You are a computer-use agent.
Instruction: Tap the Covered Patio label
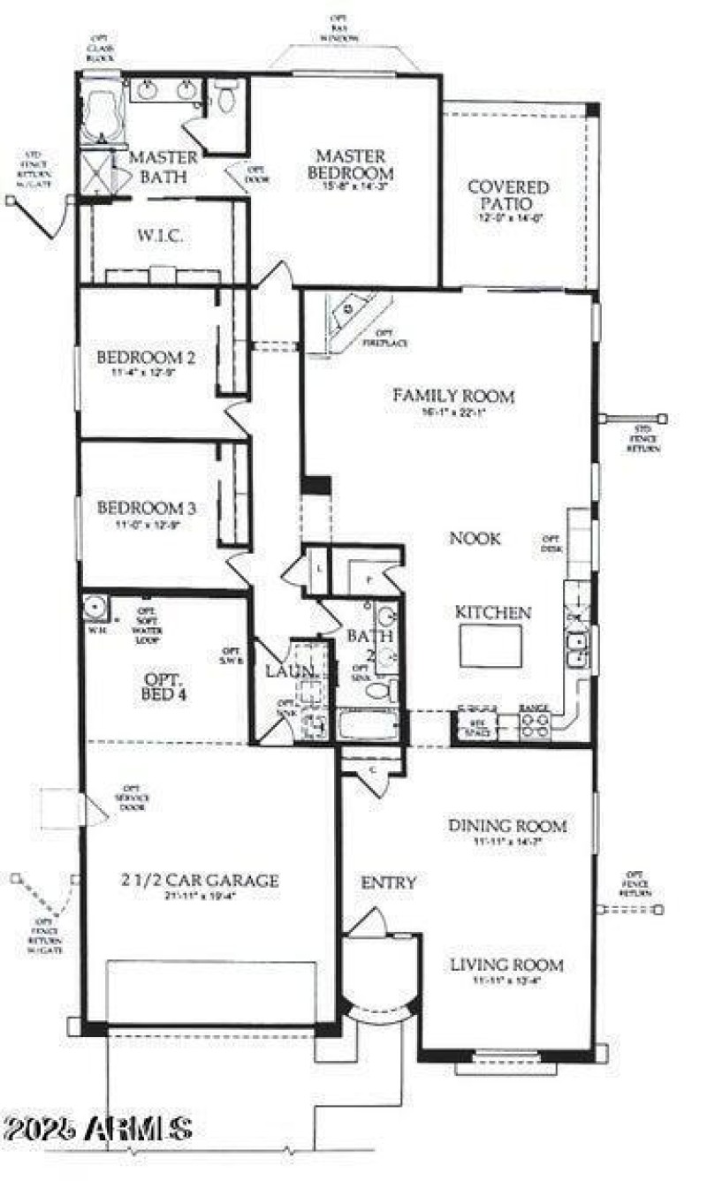click(x=508, y=195)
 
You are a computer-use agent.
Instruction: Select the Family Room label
click(x=453, y=396)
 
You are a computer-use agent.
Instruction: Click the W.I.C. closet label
click(x=160, y=236)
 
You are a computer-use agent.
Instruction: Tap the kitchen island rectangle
click(x=490, y=646)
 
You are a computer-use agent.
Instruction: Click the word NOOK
click(x=475, y=538)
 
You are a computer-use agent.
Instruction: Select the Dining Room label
click(x=507, y=826)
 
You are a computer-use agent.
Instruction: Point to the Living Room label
click(x=506, y=965)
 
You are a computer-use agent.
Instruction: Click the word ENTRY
click(x=388, y=882)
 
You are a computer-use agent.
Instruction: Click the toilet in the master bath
click(x=226, y=98)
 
